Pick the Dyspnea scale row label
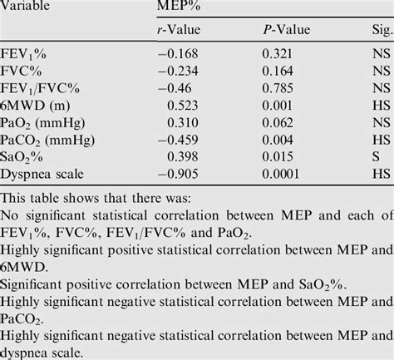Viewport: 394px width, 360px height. [46, 175]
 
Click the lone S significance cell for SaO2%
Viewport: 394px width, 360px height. [376, 155]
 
